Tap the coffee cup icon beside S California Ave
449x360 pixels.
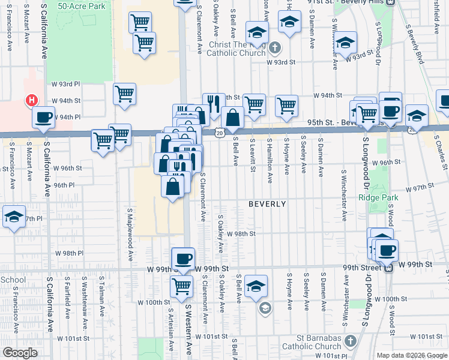coord(43,118)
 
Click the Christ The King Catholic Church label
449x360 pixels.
coord(236,49)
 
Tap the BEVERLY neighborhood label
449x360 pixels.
coord(267,204)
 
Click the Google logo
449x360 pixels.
coord(19,353)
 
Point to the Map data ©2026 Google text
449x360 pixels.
coord(411,355)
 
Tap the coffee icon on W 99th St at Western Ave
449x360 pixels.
coord(183,259)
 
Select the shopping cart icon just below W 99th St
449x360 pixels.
coord(181,286)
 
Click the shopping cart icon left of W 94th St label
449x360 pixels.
coord(124,94)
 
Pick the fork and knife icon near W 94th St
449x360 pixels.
coord(211,104)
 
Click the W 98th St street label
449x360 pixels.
coord(245,233)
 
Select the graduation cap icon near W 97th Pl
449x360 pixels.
coord(14,217)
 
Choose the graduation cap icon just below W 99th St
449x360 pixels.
coord(256,286)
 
